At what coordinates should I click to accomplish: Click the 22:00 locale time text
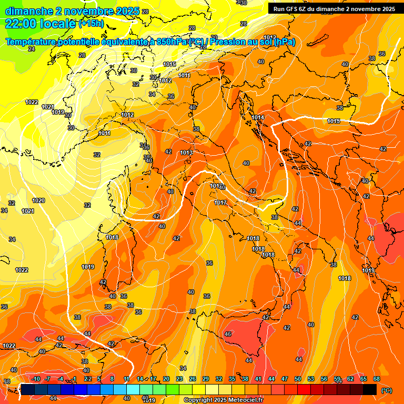tap(40, 24)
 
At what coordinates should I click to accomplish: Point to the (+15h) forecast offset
tap(92, 24)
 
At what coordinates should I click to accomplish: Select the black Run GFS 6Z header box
tap(334, 9)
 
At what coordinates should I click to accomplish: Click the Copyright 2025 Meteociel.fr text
tap(224, 400)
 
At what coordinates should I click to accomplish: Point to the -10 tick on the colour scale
tap(36, 379)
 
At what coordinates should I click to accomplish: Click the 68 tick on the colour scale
tap(377, 379)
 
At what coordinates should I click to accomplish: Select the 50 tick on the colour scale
tap(298, 379)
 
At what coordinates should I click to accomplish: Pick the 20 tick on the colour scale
tap(166, 379)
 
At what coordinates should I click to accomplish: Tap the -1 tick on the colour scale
tap(74, 379)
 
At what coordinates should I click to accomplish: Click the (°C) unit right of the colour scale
tap(386, 390)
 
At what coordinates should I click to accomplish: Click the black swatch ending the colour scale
tap(370, 389)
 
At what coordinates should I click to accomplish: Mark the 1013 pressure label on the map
tap(186, 153)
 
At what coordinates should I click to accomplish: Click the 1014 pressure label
tap(258, 117)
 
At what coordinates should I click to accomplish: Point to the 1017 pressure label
tap(220, 203)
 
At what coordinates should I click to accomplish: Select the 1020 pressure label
tap(38, 200)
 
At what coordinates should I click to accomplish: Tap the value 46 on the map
tap(228, 334)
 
